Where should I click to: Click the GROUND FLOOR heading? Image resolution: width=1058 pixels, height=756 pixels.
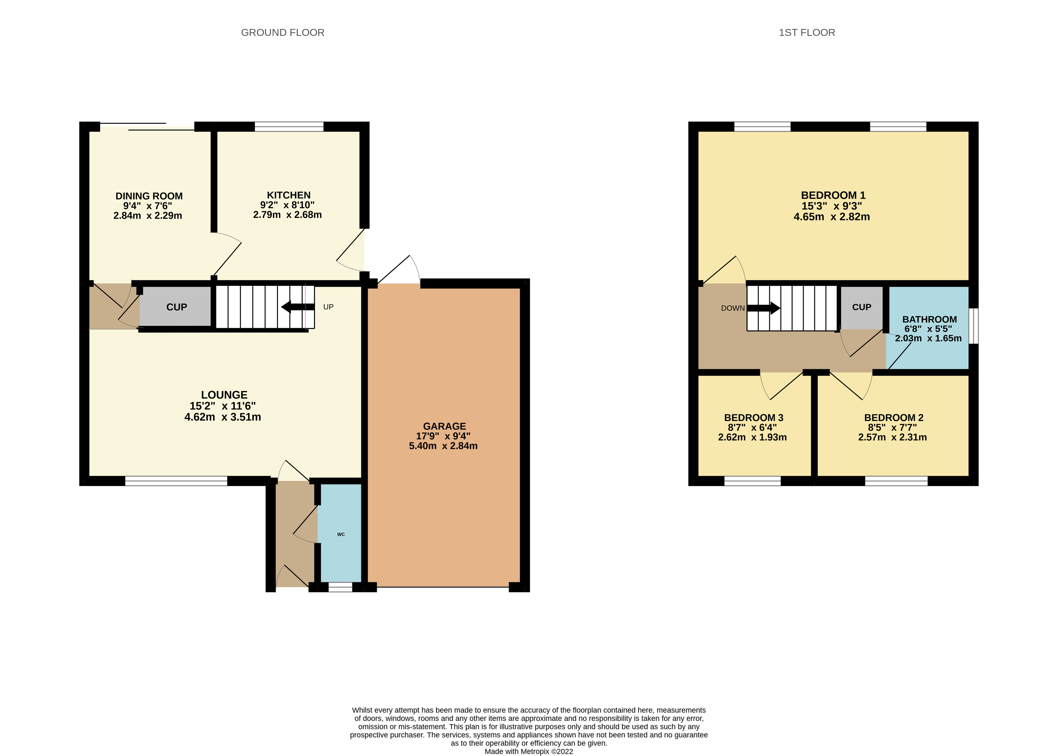(x=283, y=33)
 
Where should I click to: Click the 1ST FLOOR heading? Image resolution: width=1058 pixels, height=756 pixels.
(x=807, y=33)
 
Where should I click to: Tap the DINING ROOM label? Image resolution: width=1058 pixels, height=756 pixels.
(x=149, y=196)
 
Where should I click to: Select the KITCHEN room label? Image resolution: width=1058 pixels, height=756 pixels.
(x=289, y=195)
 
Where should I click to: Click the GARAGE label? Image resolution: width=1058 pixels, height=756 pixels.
(x=444, y=426)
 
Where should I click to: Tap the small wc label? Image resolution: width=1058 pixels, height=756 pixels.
(x=341, y=534)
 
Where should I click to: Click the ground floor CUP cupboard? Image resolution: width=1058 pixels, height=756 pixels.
(x=176, y=307)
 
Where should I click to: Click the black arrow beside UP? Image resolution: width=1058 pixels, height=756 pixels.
(x=298, y=307)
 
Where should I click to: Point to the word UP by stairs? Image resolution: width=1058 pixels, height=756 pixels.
(x=328, y=307)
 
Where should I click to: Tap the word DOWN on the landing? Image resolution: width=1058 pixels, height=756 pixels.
(x=733, y=308)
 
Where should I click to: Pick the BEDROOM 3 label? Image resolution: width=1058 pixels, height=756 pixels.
(x=754, y=418)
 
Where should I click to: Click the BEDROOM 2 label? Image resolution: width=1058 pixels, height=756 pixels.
(x=893, y=418)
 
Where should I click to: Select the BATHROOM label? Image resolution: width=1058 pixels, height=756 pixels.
(x=929, y=319)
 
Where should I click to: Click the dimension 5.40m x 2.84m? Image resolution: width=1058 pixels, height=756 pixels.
(x=443, y=446)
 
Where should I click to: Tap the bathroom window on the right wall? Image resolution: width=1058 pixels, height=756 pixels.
(x=973, y=326)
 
